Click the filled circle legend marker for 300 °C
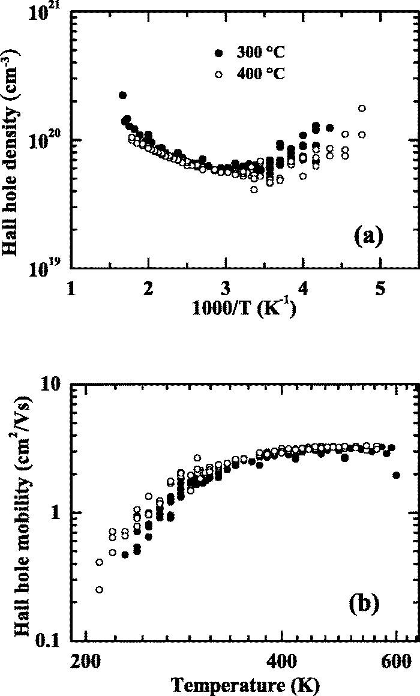click(x=219, y=53)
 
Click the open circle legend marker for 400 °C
click(x=219, y=74)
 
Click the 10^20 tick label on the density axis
click(x=47, y=140)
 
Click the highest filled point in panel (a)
click(x=122, y=95)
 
